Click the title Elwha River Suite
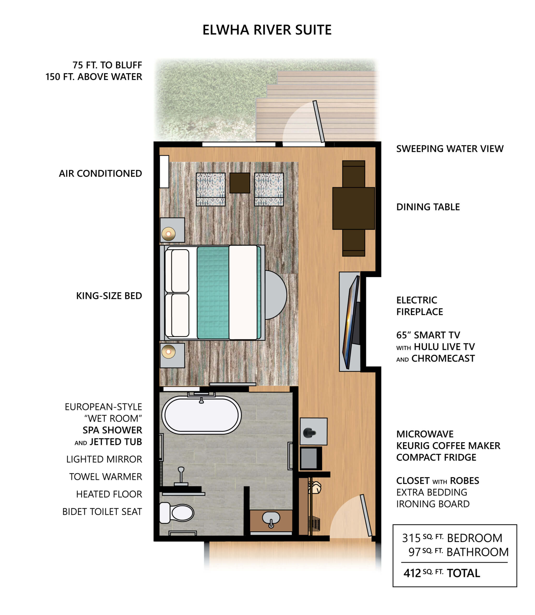coord(267,30)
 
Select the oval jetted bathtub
coord(202,415)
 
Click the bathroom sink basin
coord(271,518)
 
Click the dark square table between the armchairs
coord(240,183)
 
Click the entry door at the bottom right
coord(366,515)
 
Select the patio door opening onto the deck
coord(319,121)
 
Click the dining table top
coord(353,208)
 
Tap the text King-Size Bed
coord(109,296)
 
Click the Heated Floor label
coord(109,494)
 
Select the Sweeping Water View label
coord(450,149)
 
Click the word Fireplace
coord(419,312)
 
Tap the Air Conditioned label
coord(100,173)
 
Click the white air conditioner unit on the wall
coord(164,172)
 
